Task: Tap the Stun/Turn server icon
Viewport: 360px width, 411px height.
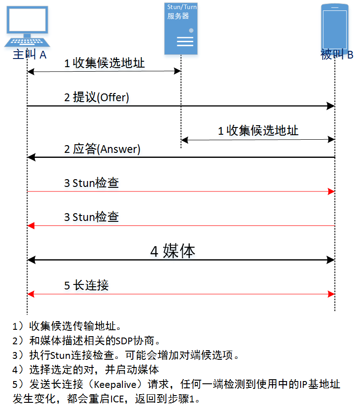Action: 181,28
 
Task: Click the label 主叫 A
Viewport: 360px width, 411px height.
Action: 29,55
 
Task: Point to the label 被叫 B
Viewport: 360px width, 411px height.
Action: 336,55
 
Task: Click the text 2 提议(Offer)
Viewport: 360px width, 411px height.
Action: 97,98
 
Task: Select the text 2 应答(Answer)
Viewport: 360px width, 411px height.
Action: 102,149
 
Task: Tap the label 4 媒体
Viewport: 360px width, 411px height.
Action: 172,251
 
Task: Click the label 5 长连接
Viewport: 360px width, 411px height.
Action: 86,285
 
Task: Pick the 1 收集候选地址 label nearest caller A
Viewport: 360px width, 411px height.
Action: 104,63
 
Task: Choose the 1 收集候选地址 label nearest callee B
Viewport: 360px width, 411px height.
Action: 258,131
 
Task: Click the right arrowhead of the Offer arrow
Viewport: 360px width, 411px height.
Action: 331,106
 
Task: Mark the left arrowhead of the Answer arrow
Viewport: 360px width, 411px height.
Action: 30,157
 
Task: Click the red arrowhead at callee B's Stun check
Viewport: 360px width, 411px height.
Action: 331,192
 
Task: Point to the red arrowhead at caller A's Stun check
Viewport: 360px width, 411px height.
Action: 30,225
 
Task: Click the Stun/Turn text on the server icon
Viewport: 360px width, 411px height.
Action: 182,7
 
